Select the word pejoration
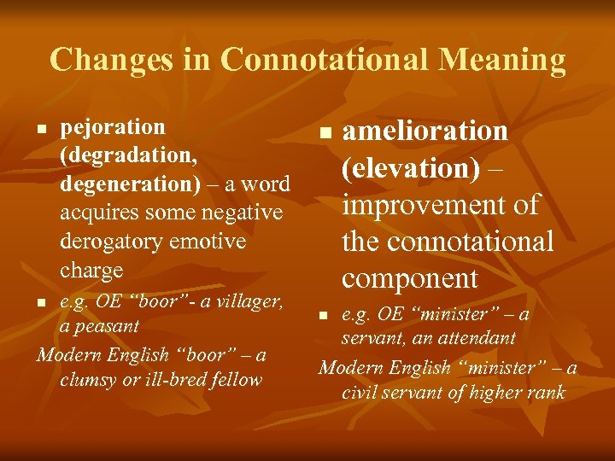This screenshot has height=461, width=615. (x=113, y=127)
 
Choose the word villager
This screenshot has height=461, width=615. (x=245, y=301)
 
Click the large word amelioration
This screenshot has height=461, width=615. (x=425, y=131)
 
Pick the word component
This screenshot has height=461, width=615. (x=410, y=278)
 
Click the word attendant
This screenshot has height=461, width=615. (x=474, y=338)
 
